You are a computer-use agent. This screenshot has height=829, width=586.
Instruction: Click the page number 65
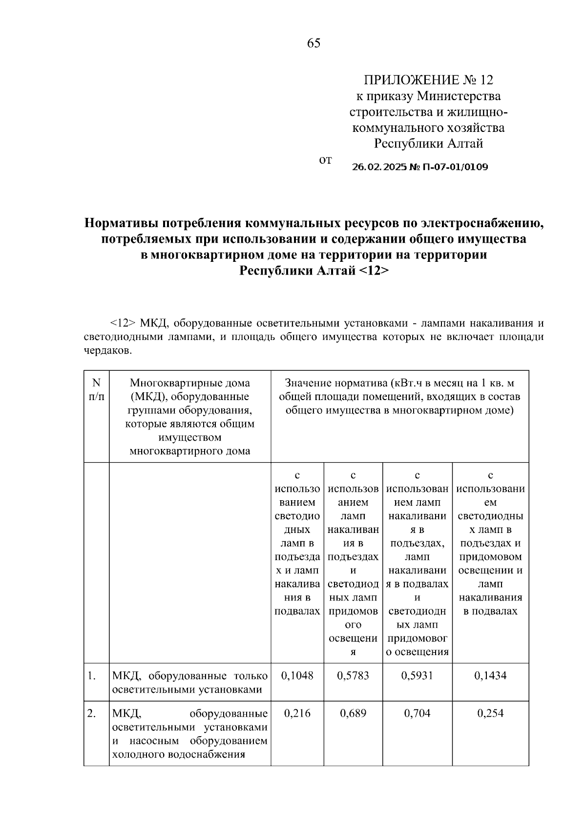point(314,43)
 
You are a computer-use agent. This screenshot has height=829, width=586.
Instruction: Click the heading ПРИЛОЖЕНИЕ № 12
point(428,80)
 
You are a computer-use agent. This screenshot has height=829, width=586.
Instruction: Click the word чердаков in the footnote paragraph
point(106,350)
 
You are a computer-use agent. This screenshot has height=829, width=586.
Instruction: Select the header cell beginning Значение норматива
point(399,397)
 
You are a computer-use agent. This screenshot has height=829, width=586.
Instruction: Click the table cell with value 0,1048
point(297,676)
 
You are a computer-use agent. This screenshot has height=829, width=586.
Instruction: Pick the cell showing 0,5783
point(353,676)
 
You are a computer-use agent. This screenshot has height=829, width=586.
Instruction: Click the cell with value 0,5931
point(417,676)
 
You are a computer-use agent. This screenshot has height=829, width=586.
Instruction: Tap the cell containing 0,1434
point(490,676)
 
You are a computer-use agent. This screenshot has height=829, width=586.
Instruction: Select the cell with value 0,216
point(297,713)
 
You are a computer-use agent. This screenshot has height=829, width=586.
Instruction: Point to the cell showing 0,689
point(353,713)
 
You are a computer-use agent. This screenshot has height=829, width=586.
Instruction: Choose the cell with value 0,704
point(417,713)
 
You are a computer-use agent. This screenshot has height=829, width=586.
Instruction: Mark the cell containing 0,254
point(490,713)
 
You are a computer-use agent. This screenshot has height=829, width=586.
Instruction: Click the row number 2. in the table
point(91,713)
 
